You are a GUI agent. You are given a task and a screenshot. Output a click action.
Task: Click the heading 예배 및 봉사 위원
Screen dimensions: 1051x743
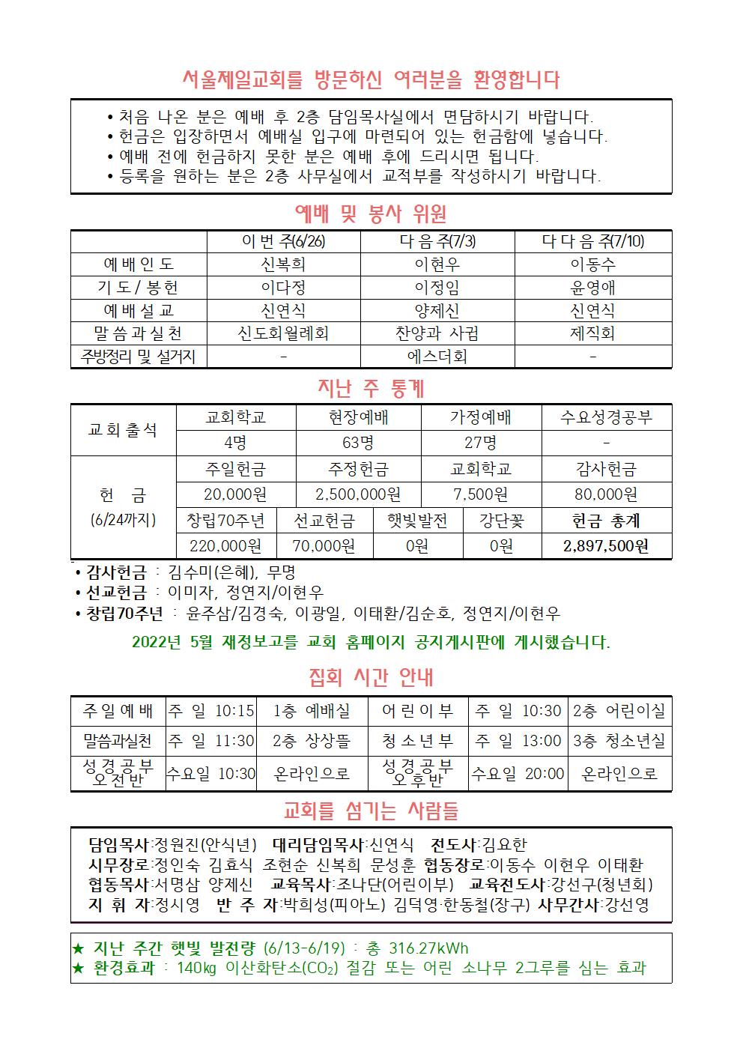371,214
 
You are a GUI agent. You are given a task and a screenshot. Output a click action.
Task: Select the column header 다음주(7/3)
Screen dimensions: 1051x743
437,241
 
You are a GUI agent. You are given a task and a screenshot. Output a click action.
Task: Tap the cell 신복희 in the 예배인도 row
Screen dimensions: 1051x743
282,264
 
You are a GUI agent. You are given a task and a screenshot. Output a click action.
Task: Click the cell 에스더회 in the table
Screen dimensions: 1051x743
437,357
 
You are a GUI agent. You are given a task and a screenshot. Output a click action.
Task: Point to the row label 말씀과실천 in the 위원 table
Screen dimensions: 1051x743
139,333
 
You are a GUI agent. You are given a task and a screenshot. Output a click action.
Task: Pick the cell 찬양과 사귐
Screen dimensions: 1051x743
437,333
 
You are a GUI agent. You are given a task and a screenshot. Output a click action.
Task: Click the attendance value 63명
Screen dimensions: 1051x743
358,443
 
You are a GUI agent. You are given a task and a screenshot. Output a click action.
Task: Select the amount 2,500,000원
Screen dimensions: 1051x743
358,494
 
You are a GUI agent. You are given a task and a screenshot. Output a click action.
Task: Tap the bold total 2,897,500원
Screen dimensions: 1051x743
606,546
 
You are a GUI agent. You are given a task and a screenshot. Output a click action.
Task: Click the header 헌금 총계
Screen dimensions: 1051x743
606,521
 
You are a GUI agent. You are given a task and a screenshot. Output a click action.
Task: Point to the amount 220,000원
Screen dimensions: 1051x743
225,546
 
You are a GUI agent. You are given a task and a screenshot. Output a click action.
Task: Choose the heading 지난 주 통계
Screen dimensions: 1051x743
371,389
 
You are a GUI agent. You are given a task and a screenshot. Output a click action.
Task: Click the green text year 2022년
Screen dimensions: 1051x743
154,642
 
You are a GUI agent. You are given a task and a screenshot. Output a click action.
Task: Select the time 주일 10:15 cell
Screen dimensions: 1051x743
211,711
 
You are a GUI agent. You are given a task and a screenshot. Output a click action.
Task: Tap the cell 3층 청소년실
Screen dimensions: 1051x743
619,742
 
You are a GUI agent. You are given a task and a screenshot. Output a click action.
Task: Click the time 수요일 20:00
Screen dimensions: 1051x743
518,774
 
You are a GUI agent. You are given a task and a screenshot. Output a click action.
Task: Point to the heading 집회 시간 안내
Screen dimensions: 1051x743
371,678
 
